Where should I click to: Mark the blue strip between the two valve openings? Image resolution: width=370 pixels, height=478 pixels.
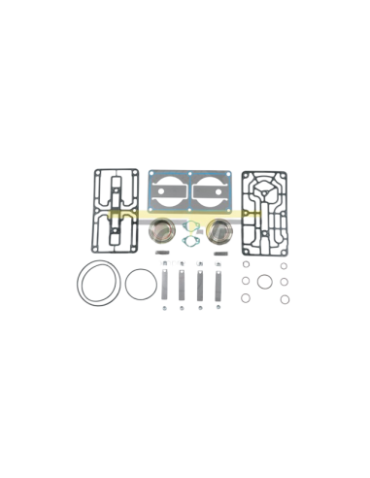[x=190, y=192]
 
